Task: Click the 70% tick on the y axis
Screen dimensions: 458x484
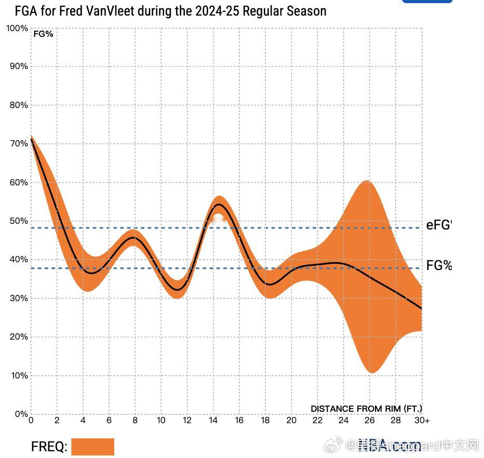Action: (18, 143)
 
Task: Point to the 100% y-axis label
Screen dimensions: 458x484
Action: (17, 28)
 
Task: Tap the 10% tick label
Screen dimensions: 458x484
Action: (18, 375)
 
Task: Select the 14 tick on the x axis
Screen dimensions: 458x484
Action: (213, 421)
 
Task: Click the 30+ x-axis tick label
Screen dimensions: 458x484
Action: (422, 421)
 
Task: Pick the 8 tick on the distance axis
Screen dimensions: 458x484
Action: (135, 421)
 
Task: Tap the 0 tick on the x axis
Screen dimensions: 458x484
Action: (31, 421)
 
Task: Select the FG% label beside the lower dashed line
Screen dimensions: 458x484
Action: (439, 266)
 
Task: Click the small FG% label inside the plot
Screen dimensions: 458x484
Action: (43, 34)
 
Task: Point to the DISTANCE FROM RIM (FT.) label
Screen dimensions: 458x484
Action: (366, 409)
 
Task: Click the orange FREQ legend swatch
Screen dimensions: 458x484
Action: (92, 447)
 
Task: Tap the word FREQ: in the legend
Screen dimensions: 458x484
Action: (49, 447)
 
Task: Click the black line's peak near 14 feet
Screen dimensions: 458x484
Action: (219, 205)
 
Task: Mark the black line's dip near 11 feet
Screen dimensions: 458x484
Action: (178, 290)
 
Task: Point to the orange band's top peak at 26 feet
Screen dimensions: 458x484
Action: (367, 181)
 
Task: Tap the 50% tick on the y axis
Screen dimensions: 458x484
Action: (18, 221)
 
